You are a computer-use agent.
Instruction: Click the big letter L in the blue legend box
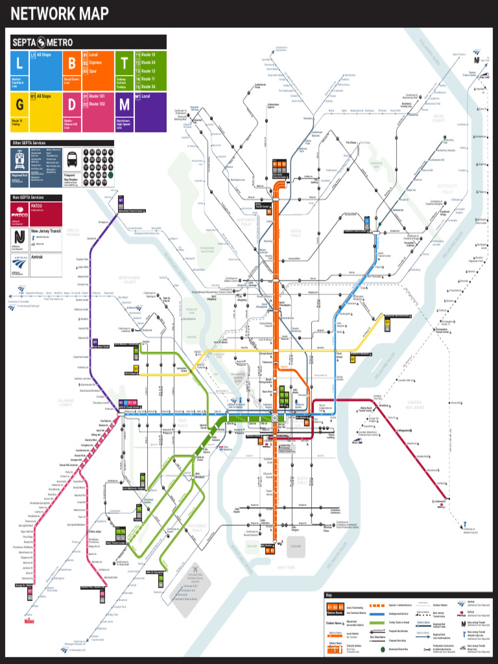[x=19, y=64]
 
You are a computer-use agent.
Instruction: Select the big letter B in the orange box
[x=72, y=64]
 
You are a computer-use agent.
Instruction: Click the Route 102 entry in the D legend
[x=97, y=104]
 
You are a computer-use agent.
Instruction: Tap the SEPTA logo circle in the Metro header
[x=42, y=42]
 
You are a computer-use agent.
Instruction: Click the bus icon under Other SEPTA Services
[x=72, y=158]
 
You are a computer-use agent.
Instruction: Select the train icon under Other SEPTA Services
[x=19, y=159]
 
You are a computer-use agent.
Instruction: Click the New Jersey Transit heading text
[x=47, y=231]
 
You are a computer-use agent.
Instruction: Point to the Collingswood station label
[x=405, y=430]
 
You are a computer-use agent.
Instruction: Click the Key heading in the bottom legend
[x=329, y=595]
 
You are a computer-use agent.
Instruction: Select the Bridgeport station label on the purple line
[x=102, y=222]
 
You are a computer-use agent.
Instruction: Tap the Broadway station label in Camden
[x=384, y=405]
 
